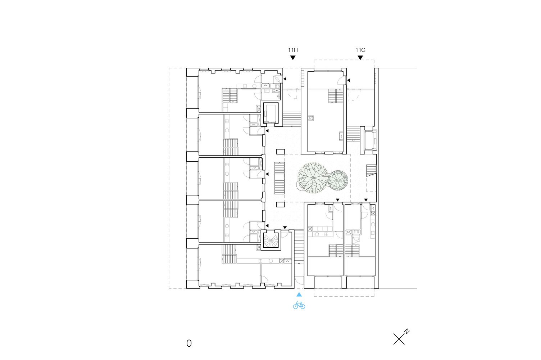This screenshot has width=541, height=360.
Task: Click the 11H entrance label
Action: point(293,50)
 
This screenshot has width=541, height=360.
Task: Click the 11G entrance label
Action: point(360,50)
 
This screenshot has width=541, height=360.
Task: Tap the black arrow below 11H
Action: point(293,58)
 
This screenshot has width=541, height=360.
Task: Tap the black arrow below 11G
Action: point(360,58)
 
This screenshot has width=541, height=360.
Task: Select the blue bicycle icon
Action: point(299,305)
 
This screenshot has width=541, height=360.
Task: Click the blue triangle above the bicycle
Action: point(299,294)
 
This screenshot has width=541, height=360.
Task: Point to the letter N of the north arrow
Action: point(407,332)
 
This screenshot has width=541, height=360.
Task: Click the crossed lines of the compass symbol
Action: point(399,339)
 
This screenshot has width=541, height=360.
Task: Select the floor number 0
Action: point(189,343)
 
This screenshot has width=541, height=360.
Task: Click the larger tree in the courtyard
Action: point(313,178)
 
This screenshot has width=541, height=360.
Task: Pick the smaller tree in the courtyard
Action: point(338,180)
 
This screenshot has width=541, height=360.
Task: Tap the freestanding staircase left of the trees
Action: point(279,178)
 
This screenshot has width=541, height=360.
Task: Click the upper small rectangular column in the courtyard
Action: point(281,152)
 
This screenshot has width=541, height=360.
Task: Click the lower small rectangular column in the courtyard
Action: point(281,204)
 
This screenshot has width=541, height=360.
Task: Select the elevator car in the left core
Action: point(270,114)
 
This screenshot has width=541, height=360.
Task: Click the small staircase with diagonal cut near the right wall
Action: point(371,170)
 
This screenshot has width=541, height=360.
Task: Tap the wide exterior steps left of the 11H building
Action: point(292,119)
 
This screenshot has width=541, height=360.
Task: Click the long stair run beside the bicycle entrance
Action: point(299,247)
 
